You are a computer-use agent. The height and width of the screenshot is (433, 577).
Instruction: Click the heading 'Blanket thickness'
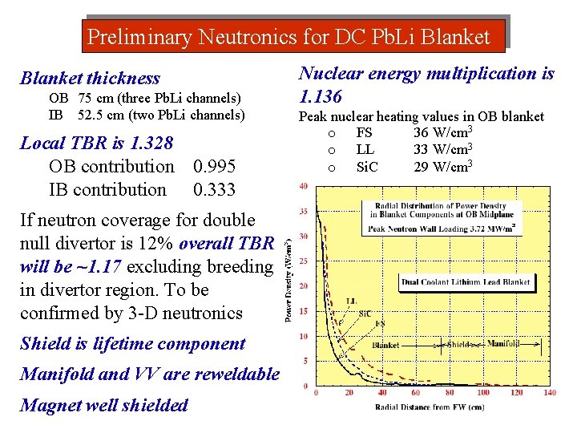coord(90,79)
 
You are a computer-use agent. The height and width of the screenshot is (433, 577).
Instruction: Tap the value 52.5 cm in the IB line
coord(100,115)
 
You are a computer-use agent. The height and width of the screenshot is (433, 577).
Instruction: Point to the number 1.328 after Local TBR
coord(151,144)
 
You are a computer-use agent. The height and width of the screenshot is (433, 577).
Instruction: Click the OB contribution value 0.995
coord(214,167)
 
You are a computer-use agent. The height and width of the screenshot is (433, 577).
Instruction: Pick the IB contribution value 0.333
coord(214,190)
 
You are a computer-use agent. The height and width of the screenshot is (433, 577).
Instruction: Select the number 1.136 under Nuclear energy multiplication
coord(321,97)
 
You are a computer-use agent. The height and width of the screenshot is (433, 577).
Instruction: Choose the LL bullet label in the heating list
coord(365,149)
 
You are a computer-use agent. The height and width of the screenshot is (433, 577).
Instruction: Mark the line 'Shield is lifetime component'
coord(132,344)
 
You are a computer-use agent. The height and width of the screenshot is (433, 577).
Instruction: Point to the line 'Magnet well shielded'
coord(104,405)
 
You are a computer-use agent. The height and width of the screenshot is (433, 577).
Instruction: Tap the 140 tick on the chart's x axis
coord(549,394)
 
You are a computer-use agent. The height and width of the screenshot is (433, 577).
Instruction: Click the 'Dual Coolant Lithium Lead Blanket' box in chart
coord(466,282)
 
